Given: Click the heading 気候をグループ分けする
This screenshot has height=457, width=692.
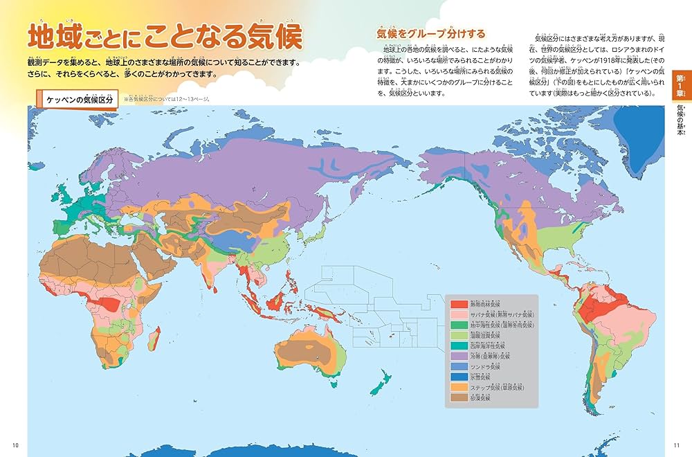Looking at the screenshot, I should [x=430, y=33].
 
